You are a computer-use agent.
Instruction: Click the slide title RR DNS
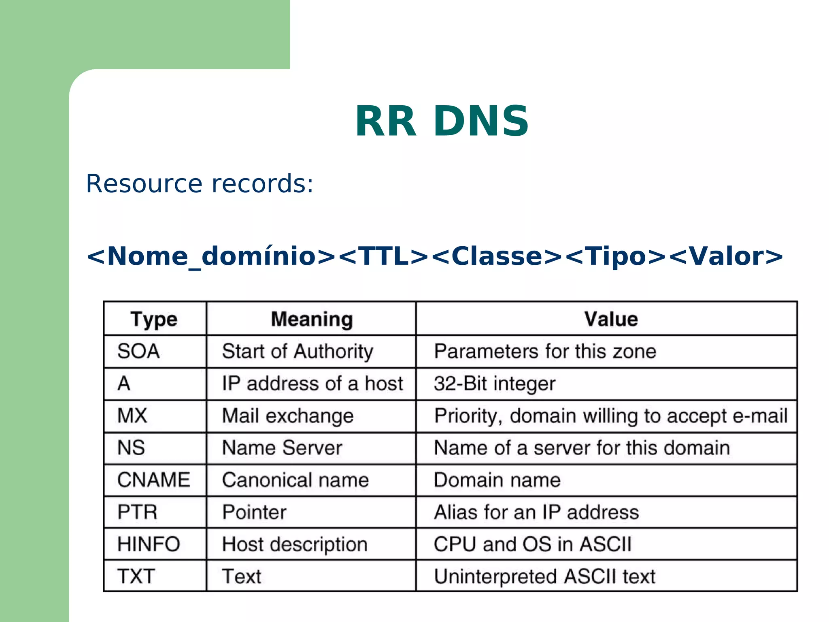click(x=442, y=121)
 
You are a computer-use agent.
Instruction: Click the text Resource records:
click(x=200, y=183)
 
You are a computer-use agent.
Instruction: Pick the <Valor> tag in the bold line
click(x=727, y=256)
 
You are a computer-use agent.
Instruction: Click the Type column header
click(x=154, y=319)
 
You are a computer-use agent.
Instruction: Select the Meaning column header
click(x=312, y=319)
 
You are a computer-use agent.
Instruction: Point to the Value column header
click(x=611, y=319)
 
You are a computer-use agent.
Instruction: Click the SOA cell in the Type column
click(x=138, y=351)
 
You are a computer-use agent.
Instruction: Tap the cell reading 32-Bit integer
click(x=494, y=383)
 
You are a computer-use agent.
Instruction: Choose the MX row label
click(x=132, y=416)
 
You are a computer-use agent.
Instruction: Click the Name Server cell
click(x=282, y=448)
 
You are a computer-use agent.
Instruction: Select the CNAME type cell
click(x=153, y=480)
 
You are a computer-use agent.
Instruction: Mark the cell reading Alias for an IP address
click(x=536, y=512)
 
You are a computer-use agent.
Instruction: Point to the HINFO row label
click(x=149, y=544)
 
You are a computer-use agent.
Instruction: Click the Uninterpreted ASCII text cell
click(x=544, y=576)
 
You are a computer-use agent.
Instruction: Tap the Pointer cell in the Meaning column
click(x=254, y=512)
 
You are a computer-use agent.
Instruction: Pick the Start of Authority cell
click(x=298, y=351)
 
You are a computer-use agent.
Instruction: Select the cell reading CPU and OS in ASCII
click(x=532, y=544)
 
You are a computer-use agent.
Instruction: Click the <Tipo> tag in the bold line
click(x=615, y=256)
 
